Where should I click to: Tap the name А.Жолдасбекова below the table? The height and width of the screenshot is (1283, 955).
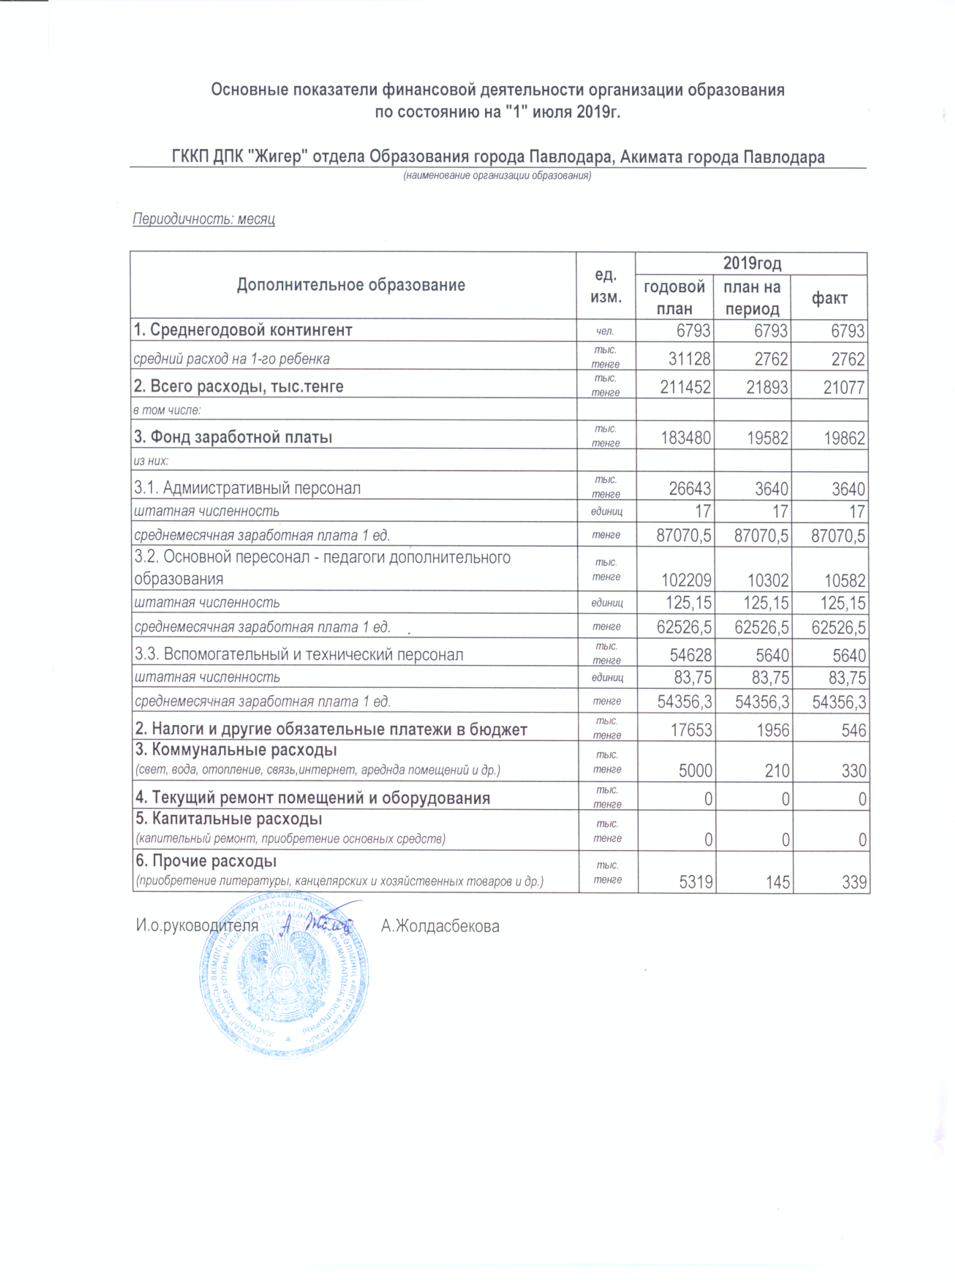coord(440,926)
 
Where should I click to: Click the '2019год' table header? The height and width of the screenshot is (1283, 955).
coord(751,264)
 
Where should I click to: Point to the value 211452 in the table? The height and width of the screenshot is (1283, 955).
coord(685,387)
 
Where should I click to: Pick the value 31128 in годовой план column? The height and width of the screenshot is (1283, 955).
coord(689,359)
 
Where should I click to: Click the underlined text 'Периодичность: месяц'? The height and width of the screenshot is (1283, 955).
coord(204,219)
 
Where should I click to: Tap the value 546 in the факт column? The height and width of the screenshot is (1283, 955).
coord(853,730)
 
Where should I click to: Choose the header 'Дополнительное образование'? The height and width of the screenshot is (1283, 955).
coord(351,285)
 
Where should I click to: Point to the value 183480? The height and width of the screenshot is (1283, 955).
coord(686,438)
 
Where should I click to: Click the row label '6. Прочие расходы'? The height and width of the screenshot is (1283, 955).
coord(206,861)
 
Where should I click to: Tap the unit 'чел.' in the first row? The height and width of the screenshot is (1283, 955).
coord(605,331)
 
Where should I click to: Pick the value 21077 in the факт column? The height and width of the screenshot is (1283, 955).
coord(844,387)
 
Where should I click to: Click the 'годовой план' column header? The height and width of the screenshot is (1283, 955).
coord(674,298)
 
